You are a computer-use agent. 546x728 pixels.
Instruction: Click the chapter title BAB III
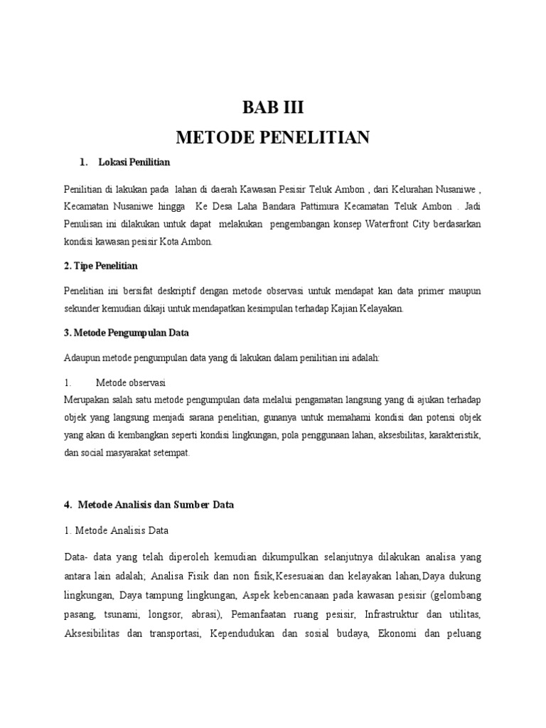tap(273, 109)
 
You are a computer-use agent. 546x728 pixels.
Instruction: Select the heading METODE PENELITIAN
tap(273, 137)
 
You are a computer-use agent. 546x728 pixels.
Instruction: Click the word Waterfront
tap(389, 224)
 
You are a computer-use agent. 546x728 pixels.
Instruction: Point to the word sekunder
tap(84, 309)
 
